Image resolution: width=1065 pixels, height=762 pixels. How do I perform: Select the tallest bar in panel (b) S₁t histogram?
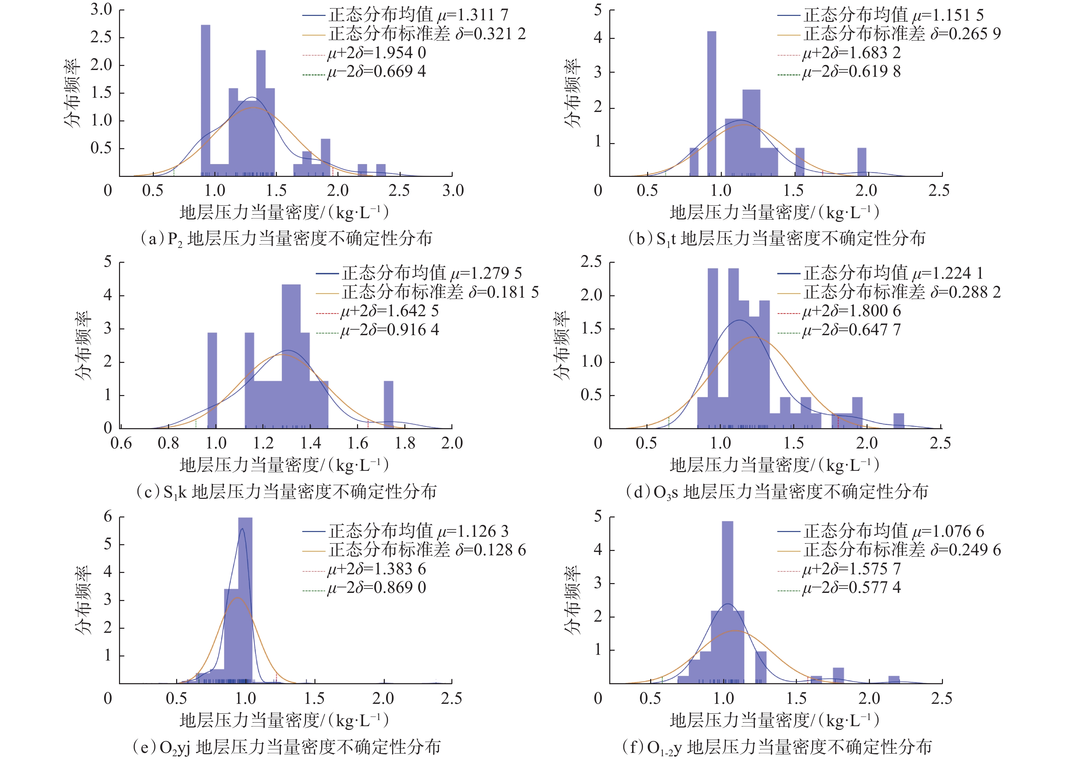[711, 103]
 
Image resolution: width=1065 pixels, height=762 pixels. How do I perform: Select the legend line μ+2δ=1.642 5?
[389, 310]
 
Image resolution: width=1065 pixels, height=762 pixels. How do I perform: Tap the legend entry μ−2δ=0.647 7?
[851, 330]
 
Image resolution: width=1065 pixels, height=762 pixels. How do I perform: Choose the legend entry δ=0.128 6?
[427, 550]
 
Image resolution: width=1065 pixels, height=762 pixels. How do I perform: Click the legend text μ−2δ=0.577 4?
[851, 587]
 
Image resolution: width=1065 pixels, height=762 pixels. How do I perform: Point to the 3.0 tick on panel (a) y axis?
[101, 9]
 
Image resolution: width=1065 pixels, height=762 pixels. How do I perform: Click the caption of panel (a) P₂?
[286, 239]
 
